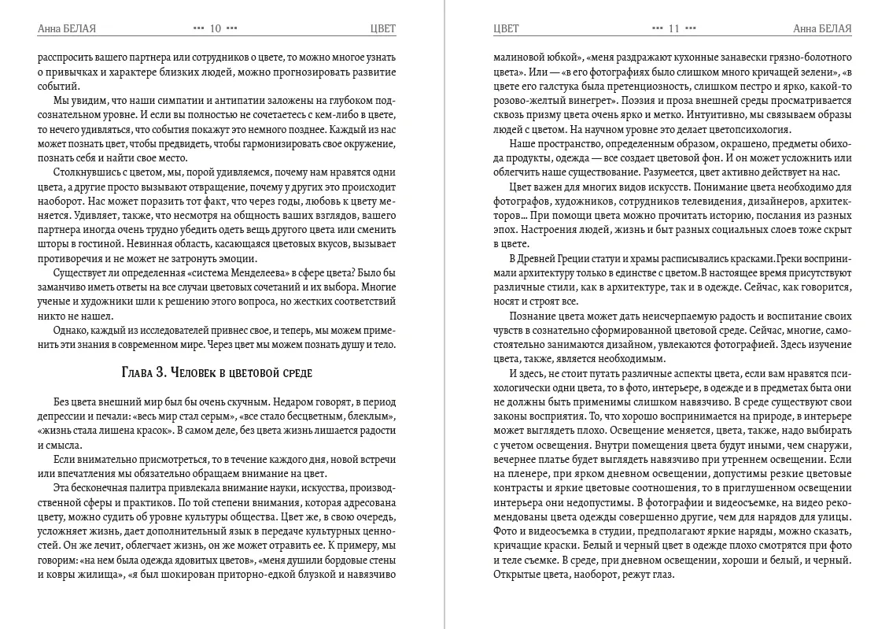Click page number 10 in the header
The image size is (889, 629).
point(215,29)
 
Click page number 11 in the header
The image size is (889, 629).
point(674,29)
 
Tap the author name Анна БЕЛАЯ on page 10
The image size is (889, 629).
point(67,29)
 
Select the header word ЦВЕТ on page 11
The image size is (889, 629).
point(506,29)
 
